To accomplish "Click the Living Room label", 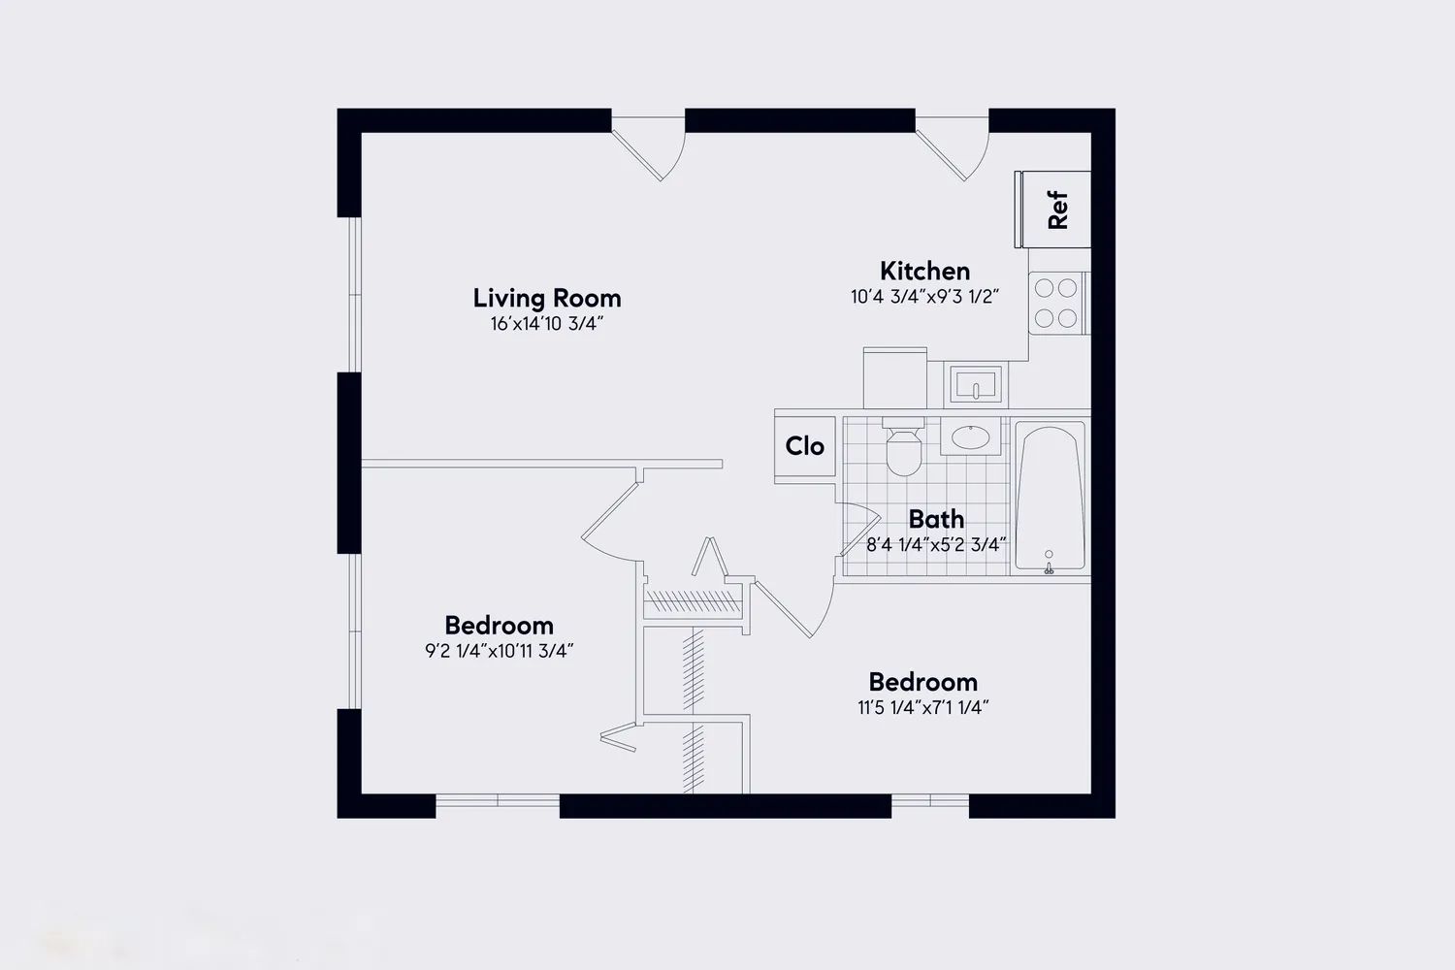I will click(x=546, y=298).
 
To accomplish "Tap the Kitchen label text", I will click(x=924, y=271).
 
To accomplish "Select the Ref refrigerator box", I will click(x=1054, y=210).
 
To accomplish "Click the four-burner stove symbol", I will click(x=1055, y=303).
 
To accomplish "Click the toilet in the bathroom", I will click(x=903, y=448).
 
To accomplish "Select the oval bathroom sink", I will click(x=969, y=436).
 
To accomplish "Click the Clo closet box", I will click(x=804, y=446).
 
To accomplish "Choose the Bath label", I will click(x=936, y=519).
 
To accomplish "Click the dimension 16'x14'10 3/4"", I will click(x=546, y=324).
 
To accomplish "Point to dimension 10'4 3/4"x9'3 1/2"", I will click(x=924, y=297).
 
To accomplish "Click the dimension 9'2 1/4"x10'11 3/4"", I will click(x=499, y=651).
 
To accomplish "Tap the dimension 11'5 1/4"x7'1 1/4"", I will click(x=922, y=708).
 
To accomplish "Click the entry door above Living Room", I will click(x=650, y=147).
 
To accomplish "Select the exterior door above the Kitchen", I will click(x=954, y=147).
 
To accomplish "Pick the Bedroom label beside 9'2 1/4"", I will click(x=499, y=625).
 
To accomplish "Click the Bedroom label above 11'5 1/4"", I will click(x=922, y=682).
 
